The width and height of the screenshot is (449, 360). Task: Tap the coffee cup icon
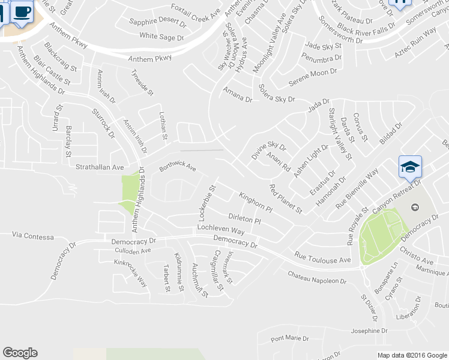(x=22, y=11)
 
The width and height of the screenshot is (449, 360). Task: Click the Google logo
(x=20, y=353)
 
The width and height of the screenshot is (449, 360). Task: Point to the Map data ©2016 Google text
(x=412, y=355)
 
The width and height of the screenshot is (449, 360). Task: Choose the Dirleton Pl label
(x=244, y=218)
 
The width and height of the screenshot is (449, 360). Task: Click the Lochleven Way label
(x=221, y=230)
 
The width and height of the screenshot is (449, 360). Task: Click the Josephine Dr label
(x=369, y=331)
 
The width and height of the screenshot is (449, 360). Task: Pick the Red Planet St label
(x=286, y=199)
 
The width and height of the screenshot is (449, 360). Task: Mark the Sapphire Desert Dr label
(x=158, y=22)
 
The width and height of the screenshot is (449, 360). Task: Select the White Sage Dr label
(x=161, y=37)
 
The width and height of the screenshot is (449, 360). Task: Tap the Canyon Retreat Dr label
(x=397, y=195)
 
